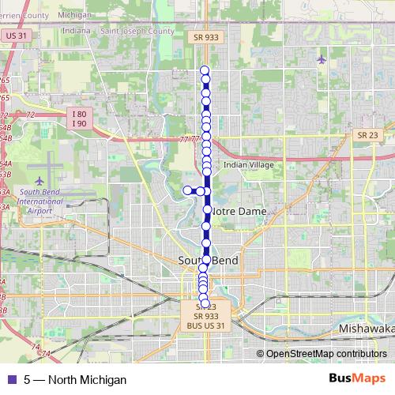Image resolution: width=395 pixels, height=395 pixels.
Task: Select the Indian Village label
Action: click(x=248, y=164)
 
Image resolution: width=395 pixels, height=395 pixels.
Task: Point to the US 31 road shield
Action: click(x=15, y=36)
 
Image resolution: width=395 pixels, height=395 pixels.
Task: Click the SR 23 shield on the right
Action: click(x=367, y=135)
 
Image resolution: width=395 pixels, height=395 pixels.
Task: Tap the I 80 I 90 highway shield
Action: click(x=79, y=118)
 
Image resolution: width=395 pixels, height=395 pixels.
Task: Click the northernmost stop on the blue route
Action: click(x=205, y=70)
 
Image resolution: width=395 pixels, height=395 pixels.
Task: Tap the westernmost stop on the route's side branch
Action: click(x=188, y=190)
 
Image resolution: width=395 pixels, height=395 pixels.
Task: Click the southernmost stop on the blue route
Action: click(x=205, y=303)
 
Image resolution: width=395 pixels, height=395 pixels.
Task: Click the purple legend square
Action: click(x=11, y=380)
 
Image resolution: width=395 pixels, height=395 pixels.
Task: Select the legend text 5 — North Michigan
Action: click(x=75, y=380)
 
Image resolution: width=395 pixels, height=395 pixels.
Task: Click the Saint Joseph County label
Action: click(x=137, y=31)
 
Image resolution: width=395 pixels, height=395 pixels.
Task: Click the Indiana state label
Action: click(x=77, y=31)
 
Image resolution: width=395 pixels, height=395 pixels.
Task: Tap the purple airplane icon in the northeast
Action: click(x=320, y=59)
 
